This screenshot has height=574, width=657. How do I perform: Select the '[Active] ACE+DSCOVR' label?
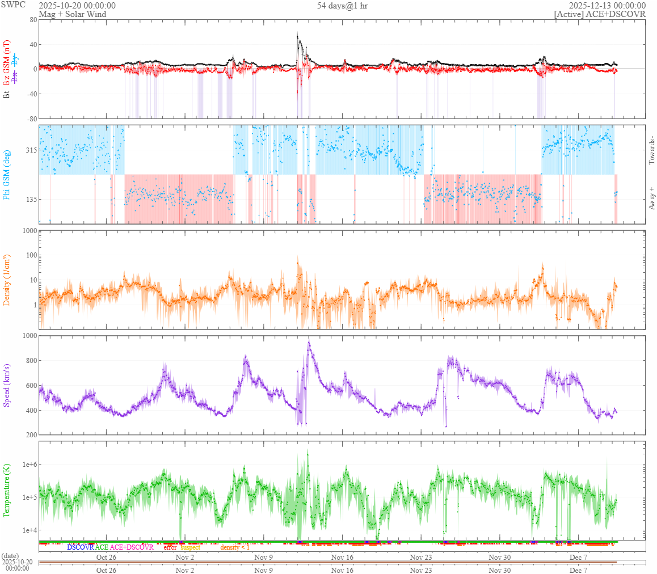point(600,14)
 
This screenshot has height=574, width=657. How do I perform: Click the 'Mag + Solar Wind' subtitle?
point(72,14)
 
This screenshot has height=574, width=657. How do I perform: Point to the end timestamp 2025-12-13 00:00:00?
point(610,6)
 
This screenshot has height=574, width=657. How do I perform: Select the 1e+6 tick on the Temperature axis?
point(27,465)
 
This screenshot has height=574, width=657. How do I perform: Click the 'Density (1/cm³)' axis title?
point(7,280)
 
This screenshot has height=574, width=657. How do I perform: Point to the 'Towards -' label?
point(651,150)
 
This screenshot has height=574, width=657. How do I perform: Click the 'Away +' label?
point(651,199)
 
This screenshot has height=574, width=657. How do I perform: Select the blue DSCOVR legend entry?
point(80,547)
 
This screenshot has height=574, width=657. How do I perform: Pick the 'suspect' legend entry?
point(190,547)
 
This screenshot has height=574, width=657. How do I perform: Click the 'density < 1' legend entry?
point(234,547)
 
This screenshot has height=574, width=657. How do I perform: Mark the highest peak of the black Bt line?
point(297,36)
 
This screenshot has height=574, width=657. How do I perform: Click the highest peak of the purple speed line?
point(309,341)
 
